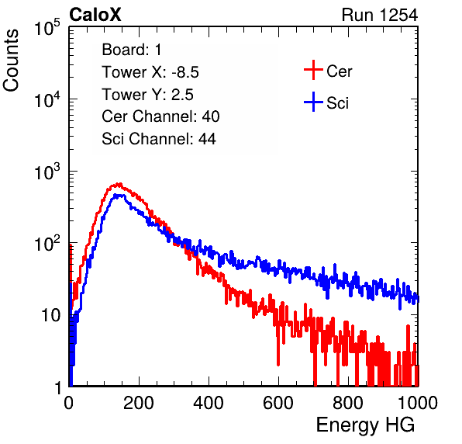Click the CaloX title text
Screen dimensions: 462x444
point(95,15)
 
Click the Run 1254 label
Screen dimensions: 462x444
point(380,15)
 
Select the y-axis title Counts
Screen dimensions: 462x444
point(11,61)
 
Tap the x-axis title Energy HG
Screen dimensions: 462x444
point(365,425)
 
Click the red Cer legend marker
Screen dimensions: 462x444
point(313,70)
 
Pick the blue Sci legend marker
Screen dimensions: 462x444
point(313,102)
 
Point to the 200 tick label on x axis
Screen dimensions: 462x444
point(139,403)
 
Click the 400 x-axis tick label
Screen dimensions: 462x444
point(209,403)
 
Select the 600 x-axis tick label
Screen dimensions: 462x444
point(278,403)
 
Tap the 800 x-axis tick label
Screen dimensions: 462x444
point(348,403)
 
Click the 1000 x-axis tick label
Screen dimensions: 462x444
point(418,403)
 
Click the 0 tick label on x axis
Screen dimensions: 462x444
point(69,403)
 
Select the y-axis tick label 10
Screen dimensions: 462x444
point(51,315)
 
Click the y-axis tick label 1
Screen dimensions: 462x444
point(57,388)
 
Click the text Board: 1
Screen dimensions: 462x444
point(132,50)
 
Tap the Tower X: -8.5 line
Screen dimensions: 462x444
point(150,72)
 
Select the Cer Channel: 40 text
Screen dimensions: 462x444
point(160,116)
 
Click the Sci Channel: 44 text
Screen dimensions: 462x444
point(159,139)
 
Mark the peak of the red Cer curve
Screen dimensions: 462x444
point(119,184)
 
